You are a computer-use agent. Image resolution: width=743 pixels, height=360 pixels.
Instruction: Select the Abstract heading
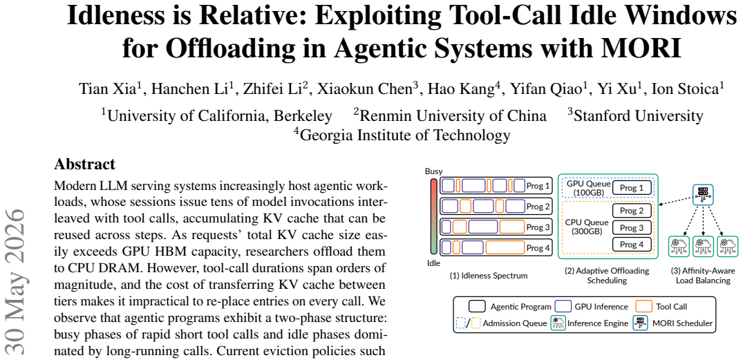tap(85, 164)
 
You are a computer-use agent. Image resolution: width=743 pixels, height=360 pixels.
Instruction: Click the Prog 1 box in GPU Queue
tap(632, 188)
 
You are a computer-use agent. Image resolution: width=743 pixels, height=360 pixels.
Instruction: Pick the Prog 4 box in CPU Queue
tap(632, 245)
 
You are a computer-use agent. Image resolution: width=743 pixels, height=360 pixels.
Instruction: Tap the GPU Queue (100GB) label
tap(586, 188)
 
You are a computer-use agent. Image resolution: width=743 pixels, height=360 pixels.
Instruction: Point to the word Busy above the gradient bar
tap(433, 171)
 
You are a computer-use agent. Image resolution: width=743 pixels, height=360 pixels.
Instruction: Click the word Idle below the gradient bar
tap(433, 261)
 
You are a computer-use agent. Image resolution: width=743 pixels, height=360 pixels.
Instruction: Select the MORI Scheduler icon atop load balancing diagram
tap(703, 193)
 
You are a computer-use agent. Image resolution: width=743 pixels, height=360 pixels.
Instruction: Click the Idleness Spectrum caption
tap(488, 276)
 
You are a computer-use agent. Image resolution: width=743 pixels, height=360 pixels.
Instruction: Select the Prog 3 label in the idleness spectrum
tap(538, 227)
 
